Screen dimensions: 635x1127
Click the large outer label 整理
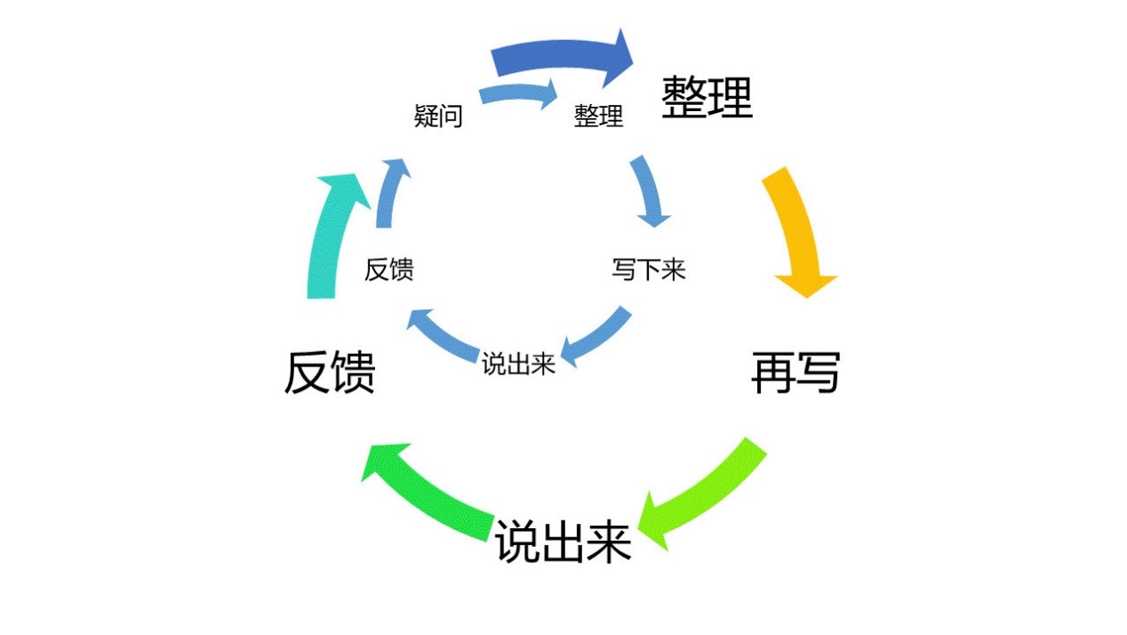click(707, 97)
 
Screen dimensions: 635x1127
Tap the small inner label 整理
click(598, 116)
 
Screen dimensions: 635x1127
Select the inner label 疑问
click(438, 116)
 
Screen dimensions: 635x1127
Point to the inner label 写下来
click(649, 269)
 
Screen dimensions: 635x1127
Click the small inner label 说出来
click(518, 364)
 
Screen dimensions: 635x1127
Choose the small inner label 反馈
click(388, 269)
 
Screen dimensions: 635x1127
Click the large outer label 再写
click(795, 373)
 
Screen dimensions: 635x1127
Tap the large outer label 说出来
click(563, 541)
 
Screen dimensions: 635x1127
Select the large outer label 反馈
click(329, 373)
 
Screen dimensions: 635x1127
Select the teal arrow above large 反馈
click(329, 236)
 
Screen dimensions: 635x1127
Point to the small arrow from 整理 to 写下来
click(651, 191)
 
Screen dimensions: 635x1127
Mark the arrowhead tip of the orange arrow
click(806, 296)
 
